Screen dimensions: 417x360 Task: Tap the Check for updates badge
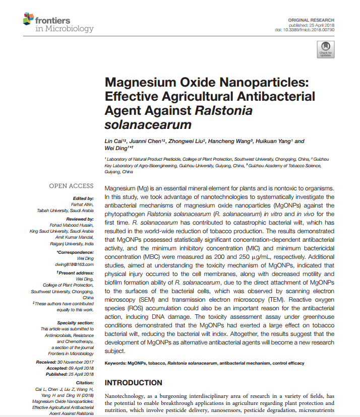pyautogui.click(x=325, y=49)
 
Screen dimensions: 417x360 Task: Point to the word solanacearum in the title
pyautogui.click(x=148, y=124)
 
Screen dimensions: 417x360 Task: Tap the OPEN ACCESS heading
pyautogui.click(x=71, y=186)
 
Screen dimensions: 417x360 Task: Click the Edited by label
pyautogui.click(x=83, y=198)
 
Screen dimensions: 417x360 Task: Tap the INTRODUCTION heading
pyautogui.click(x=133, y=383)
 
